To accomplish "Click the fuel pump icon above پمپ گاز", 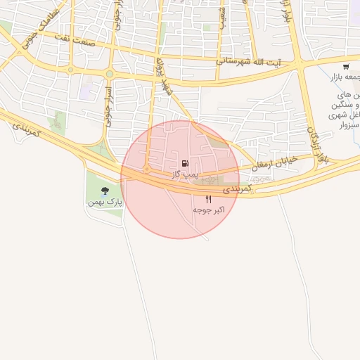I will [x=185, y=163].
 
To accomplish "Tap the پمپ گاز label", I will [x=185, y=173].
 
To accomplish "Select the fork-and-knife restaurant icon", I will [x=208, y=200].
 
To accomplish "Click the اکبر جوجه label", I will [x=209, y=210].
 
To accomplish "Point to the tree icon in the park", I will [x=105, y=191].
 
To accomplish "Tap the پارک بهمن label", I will [x=105, y=202].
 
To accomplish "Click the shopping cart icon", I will [x=345, y=67].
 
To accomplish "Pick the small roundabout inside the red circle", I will [x=146, y=169].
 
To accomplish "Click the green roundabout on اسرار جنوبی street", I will [x=110, y=74].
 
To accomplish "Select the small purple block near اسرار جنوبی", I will [x=88, y=91].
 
